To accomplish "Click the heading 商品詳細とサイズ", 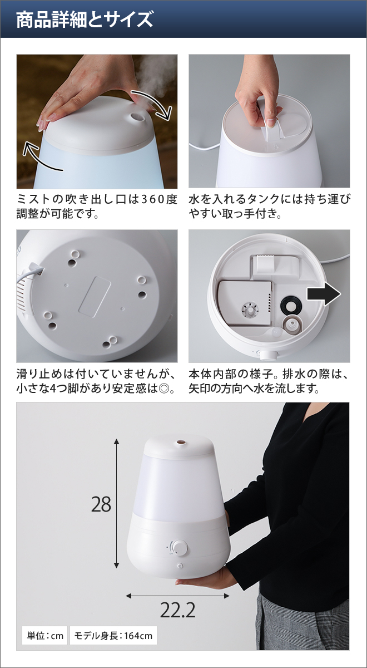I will pos(84,20).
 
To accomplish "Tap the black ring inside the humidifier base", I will pos(290,304).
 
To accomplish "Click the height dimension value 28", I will pos(101,504).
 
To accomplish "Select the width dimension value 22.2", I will pos(178,611).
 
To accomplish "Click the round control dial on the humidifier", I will pos(180,548).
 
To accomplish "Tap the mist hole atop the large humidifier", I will pos(180,444).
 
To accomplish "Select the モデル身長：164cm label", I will pos(113,635).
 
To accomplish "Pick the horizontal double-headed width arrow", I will pos(178,596).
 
